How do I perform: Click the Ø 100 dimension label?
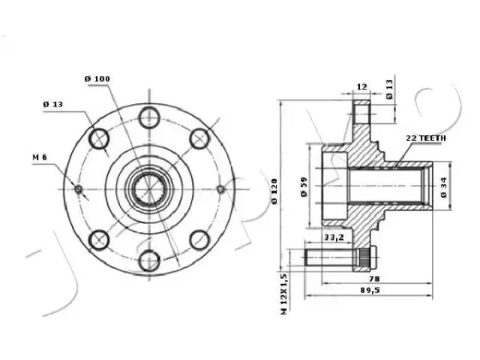(97, 79)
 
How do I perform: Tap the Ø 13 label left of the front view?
(53, 104)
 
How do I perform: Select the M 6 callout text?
(40, 158)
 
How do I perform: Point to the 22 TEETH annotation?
(426, 138)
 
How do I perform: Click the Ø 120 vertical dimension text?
(274, 191)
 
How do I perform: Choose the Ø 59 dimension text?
(304, 186)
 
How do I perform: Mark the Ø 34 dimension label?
(444, 187)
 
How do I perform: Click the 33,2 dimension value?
(334, 238)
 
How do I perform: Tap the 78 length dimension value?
(374, 278)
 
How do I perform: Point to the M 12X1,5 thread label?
(284, 294)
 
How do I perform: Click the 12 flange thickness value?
(362, 87)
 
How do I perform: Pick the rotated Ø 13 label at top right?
(389, 90)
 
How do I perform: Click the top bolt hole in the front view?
(150, 117)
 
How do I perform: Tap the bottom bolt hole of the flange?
(150, 261)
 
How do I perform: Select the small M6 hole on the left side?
(78, 190)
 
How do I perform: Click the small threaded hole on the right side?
(221, 190)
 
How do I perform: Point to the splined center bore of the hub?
(150, 189)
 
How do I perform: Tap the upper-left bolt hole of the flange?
(99, 138)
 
